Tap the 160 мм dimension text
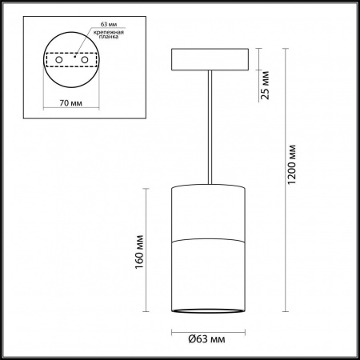(138, 250)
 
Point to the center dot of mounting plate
(74, 58)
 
